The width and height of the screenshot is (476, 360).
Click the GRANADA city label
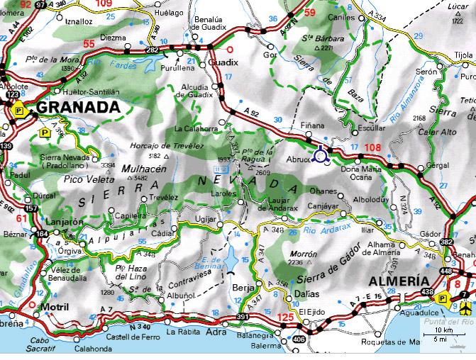76,107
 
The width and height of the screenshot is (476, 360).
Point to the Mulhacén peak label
144,169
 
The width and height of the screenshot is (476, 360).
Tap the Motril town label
55,307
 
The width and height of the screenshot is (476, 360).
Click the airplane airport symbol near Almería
465,308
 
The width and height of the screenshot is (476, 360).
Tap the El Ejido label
311,311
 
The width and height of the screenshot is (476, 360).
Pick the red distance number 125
286,317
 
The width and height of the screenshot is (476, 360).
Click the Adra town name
216,331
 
